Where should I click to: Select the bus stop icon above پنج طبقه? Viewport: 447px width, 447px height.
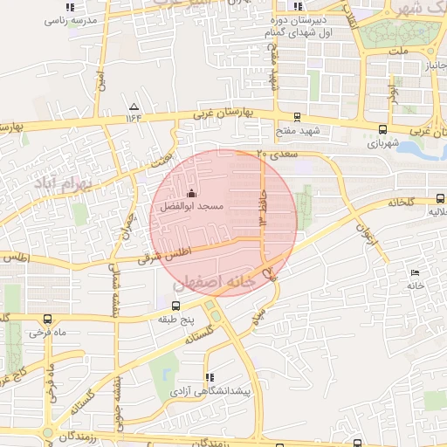pos(176,306)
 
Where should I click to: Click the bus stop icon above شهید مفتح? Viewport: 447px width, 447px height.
pos(297,116)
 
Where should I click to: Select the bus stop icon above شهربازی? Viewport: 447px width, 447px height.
pos(382,127)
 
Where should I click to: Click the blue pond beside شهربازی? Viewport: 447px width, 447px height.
pos(423,151)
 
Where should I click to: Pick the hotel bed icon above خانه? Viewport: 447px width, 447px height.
pos(415,272)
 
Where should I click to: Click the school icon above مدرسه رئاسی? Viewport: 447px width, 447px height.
pos(70,7)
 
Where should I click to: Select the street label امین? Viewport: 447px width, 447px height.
pos(102,84)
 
